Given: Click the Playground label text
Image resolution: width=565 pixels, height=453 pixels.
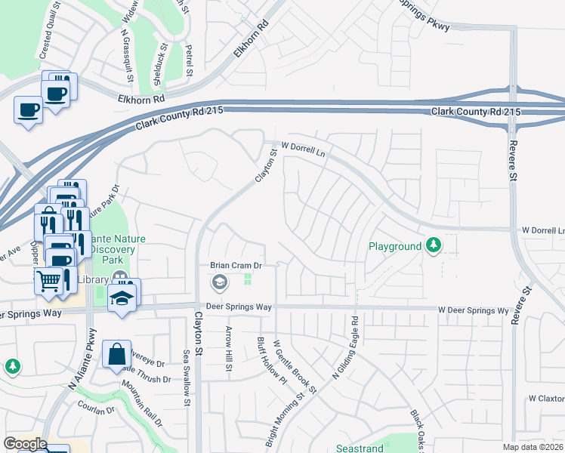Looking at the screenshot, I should pyautogui.click(x=394, y=246).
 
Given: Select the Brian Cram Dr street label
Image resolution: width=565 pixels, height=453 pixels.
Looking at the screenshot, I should pyautogui.click(x=235, y=266).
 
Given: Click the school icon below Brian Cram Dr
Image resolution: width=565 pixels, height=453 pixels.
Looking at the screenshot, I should pyautogui.click(x=219, y=282).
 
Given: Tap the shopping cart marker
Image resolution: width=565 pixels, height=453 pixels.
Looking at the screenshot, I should pyautogui.click(x=49, y=280).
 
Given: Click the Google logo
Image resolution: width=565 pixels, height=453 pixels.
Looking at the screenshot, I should pyautogui.click(x=25, y=444).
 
